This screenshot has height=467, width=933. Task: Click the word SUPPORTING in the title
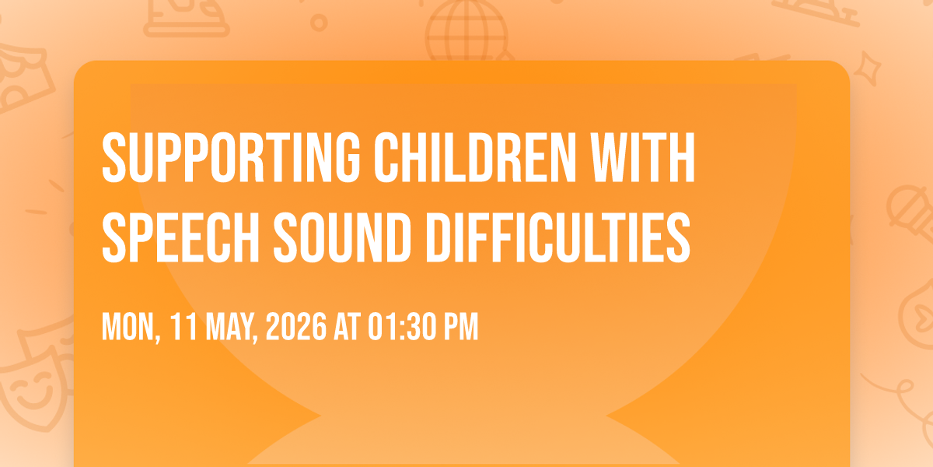[231, 157]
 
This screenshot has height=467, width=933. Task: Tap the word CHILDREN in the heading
[475, 157]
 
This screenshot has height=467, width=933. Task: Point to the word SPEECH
[180, 237]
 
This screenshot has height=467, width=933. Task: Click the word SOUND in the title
[342, 237]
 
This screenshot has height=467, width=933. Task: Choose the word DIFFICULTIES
[558, 237]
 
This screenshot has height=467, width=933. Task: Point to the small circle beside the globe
[319, 23]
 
